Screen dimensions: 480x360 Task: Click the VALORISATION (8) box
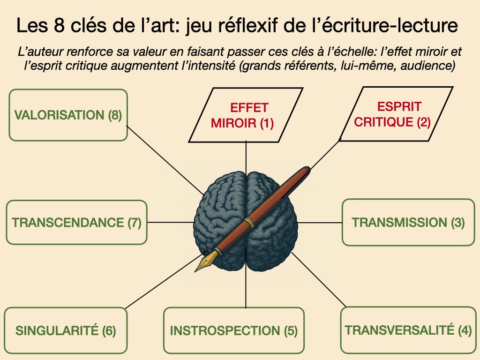coord(68,115)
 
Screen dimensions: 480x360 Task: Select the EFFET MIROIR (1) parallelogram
coord(246,114)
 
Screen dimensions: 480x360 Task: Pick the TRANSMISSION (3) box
coord(408,222)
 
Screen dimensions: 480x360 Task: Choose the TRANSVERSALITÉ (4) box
coord(408,330)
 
